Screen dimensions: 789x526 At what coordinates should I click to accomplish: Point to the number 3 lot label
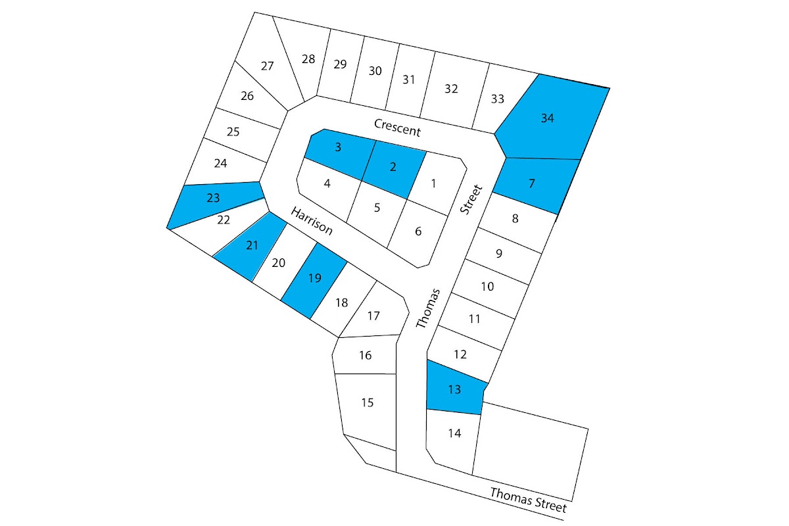[338, 147]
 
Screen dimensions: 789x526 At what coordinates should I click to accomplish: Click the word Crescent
[397, 127]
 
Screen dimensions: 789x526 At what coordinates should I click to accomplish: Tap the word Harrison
[312, 220]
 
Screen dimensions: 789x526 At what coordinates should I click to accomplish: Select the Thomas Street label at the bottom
[528, 500]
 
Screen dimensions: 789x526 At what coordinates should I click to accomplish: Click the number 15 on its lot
[368, 402]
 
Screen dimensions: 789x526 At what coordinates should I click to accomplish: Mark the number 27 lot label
[267, 66]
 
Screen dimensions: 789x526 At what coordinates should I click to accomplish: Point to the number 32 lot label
[451, 89]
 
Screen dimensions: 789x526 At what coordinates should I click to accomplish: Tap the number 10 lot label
[487, 287]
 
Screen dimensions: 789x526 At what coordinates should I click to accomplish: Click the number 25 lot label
[233, 131]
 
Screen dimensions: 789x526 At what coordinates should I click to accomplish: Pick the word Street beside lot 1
[471, 200]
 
